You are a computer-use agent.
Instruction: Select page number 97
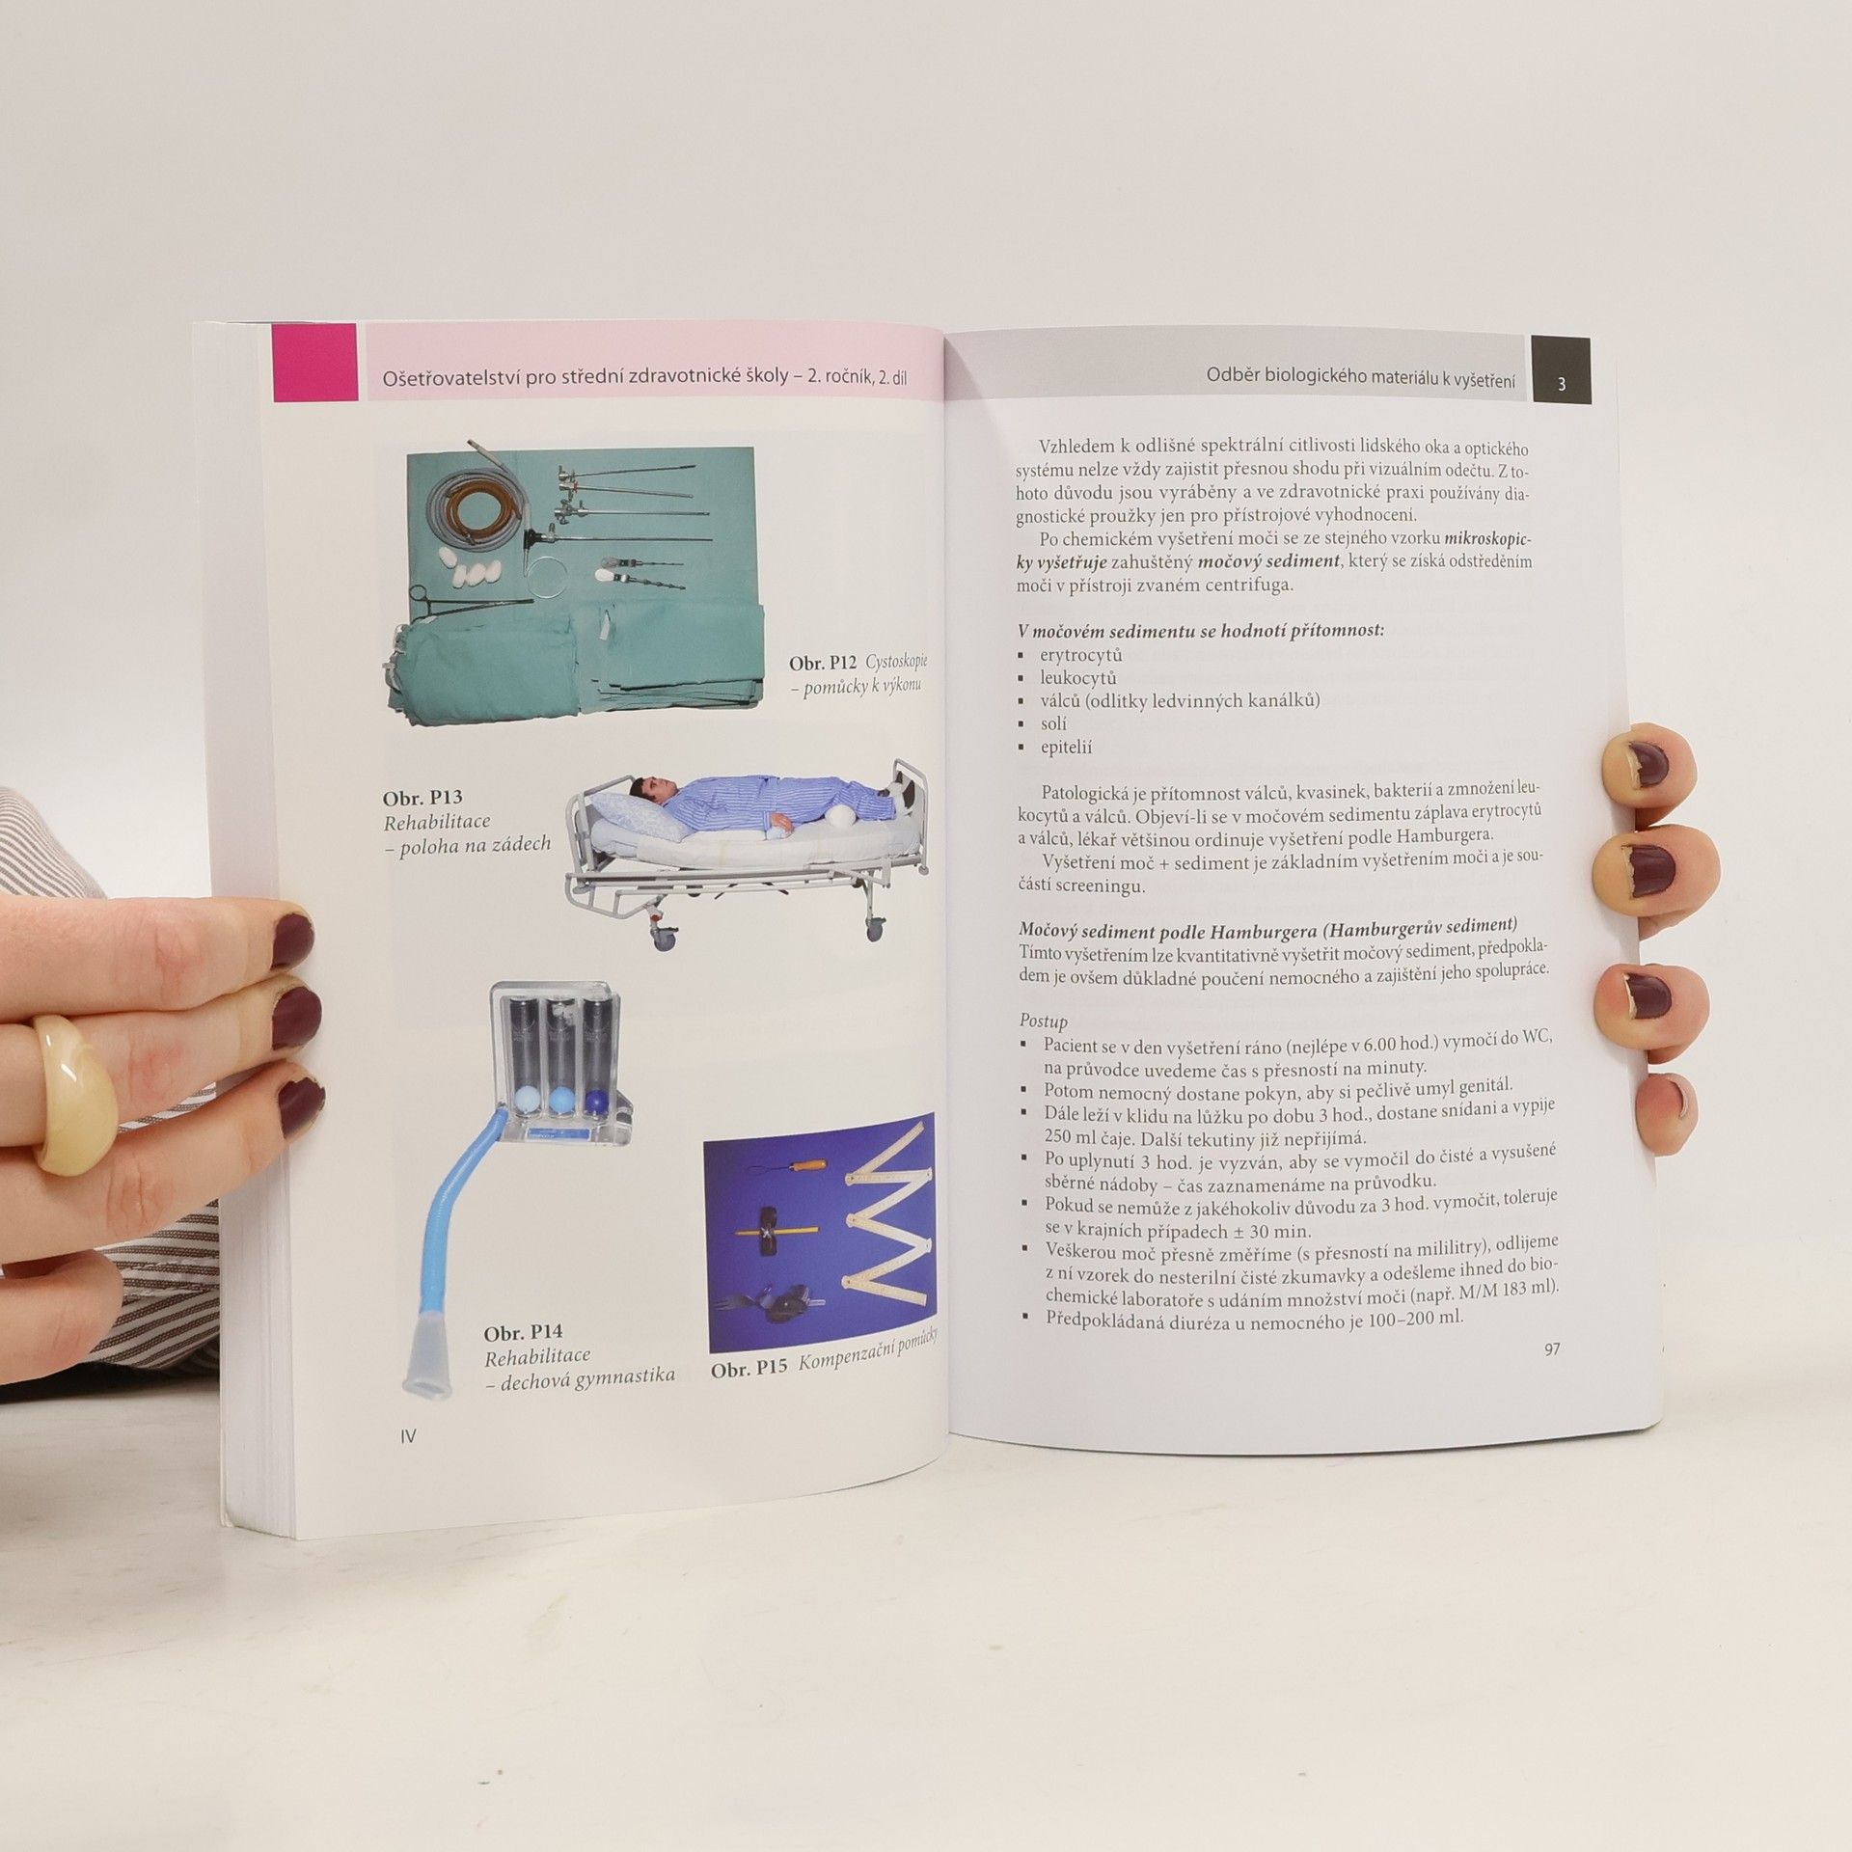point(1551,1349)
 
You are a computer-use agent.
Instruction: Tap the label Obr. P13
point(422,798)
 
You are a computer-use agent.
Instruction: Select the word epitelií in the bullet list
point(1066,747)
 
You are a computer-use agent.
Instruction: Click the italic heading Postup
point(1044,1020)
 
